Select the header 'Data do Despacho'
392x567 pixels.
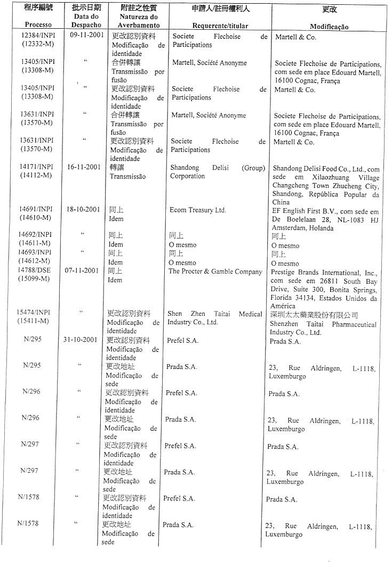[x=86, y=21]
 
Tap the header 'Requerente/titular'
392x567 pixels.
[x=220, y=26]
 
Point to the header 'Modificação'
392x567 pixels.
[x=329, y=27]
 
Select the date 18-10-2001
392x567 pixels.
[x=83, y=210]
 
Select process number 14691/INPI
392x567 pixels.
[x=36, y=210]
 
